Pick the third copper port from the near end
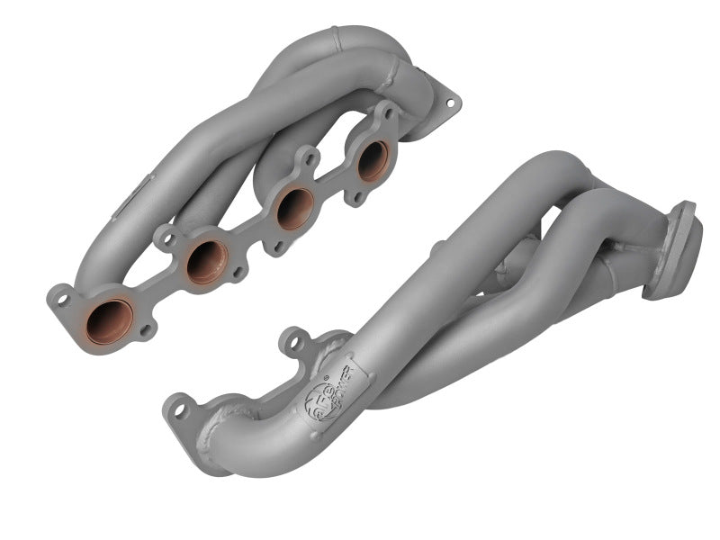(x=294, y=207)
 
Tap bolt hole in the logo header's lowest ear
(x=179, y=410)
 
